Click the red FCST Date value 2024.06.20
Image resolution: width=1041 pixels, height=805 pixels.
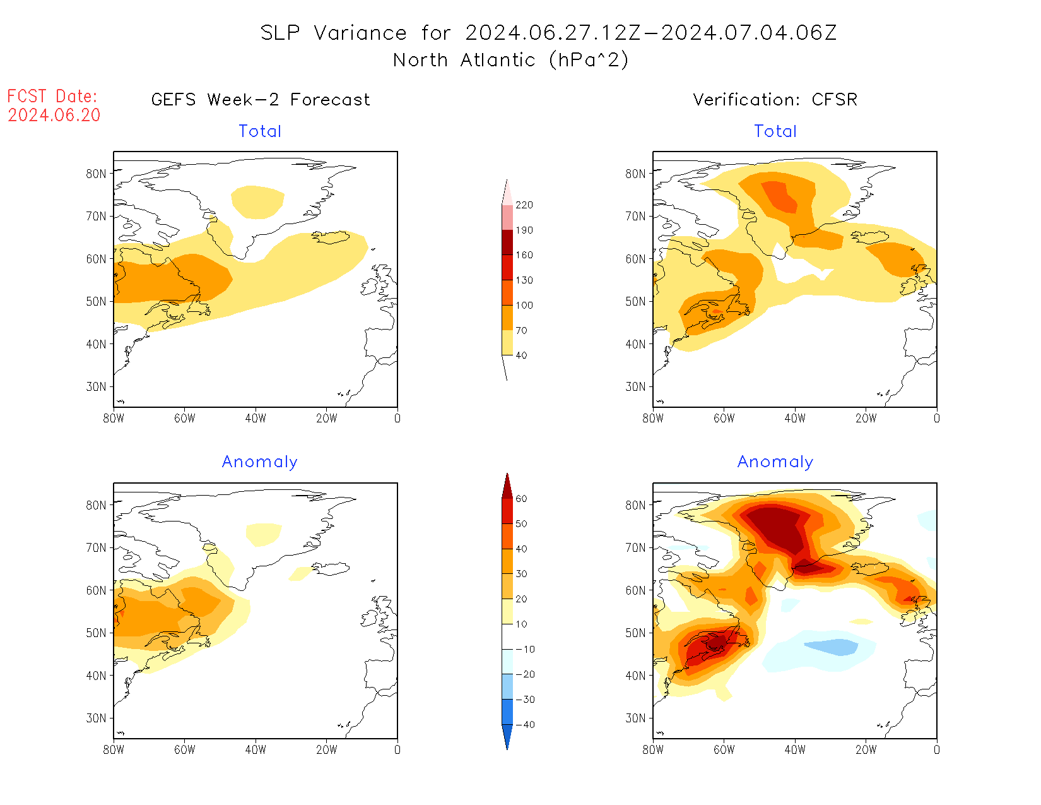[x=54, y=116]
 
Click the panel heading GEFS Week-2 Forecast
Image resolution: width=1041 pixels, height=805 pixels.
[x=261, y=100]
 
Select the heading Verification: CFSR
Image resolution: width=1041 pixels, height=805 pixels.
[x=775, y=100]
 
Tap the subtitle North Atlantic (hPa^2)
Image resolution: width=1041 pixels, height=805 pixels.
[x=510, y=60]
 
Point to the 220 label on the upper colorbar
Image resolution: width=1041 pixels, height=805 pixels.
[x=524, y=205]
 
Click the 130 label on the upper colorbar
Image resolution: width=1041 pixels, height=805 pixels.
[x=524, y=280]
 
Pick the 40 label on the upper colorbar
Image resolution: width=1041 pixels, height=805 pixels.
[x=521, y=355]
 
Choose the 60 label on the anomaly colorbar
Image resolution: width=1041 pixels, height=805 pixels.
[x=521, y=499]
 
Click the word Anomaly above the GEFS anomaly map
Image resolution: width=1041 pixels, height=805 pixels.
[x=259, y=462]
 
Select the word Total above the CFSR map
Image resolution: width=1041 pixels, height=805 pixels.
[x=775, y=131]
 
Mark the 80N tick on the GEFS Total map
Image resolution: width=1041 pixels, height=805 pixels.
[x=96, y=174]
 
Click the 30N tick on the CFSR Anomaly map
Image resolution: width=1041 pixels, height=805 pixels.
[x=635, y=718]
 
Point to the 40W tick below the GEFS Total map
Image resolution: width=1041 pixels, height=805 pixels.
[x=256, y=418]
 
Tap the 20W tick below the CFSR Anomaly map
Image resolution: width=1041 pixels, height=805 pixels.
[x=866, y=749]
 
